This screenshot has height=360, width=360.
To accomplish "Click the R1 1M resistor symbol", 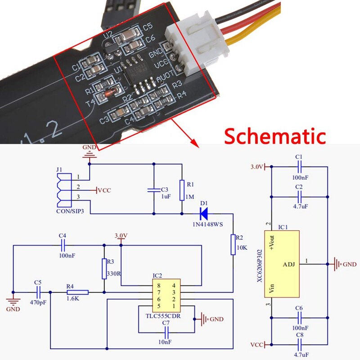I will (x=181, y=190).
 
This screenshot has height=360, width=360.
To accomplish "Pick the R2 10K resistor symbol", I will (x=233, y=244).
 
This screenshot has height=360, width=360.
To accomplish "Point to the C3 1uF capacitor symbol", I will (x=154, y=190).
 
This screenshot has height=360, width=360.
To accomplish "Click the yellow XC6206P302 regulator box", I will (x=281, y=264).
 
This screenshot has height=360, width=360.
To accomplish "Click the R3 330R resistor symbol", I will (x=104, y=269).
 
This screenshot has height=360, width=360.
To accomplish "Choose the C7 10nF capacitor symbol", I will (x=166, y=333).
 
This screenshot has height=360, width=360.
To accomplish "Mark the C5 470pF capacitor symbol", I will (x=38, y=292).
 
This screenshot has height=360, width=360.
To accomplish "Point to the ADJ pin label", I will (x=289, y=264).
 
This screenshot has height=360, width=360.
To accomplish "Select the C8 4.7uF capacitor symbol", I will (x=299, y=344).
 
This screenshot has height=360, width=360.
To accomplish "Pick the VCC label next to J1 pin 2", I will (x=103, y=190).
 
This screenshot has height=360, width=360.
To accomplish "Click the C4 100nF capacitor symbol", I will (x=63, y=245).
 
